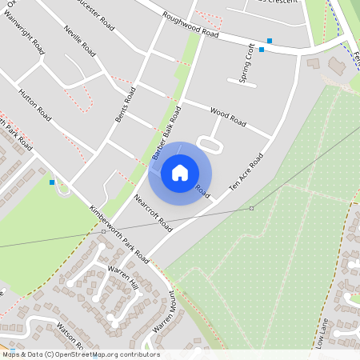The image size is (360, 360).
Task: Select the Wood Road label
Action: (x=227, y=117)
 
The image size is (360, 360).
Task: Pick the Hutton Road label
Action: (x=34, y=105)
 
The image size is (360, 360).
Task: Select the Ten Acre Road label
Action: (x=246, y=171)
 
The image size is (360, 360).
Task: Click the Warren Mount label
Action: (x=164, y=312)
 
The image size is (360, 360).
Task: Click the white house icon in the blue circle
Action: (x=180, y=173)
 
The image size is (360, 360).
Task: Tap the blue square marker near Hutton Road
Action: (x=52, y=182)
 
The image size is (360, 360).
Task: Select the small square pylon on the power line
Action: (x=251, y=208)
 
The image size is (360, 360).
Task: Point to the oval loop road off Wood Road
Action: (x=208, y=144)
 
